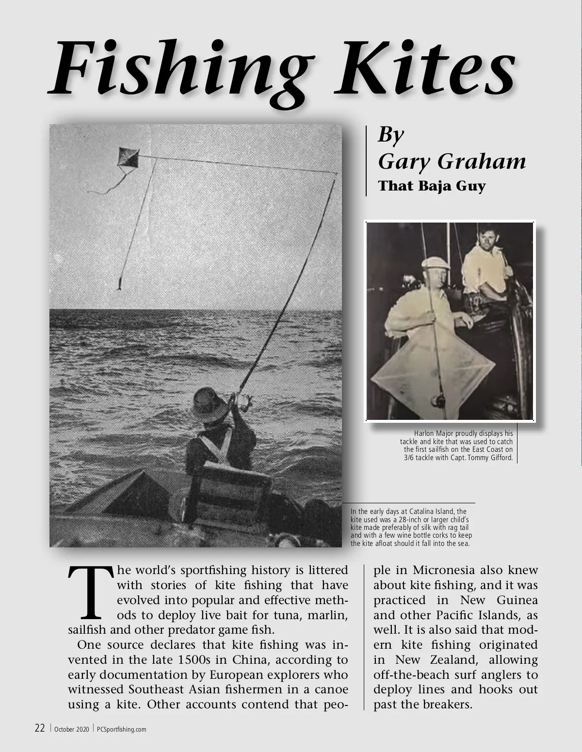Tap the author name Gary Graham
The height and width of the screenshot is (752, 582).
pyautogui.click(x=452, y=161)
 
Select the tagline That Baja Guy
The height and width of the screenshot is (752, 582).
pyautogui.click(x=432, y=186)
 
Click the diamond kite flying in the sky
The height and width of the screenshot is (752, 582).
pyautogui.click(x=129, y=159)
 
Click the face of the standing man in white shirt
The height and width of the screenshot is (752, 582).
pyautogui.click(x=485, y=239)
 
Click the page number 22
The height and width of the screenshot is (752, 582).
pyautogui.click(x=40, y=728)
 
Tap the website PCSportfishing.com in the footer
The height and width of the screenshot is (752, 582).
pyautogui.click(x=122, y=729)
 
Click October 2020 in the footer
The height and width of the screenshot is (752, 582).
pyautogui.click(x=71, y=729)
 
